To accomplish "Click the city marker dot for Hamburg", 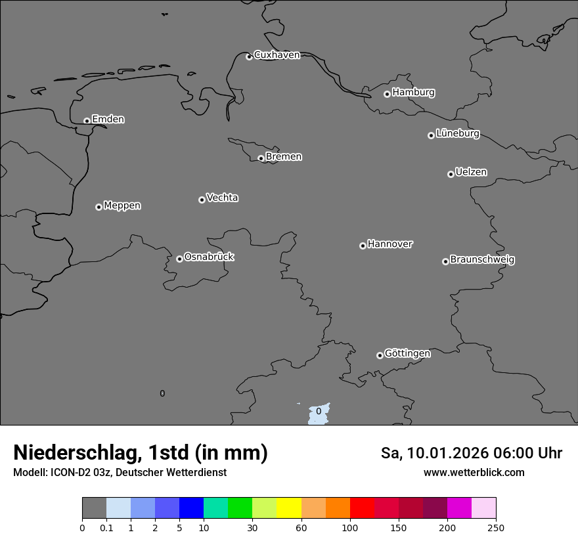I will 387,94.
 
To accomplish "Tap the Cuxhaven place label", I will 277,55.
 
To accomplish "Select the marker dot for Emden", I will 87,121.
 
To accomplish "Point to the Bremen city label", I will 284,157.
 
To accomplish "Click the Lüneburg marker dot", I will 431,135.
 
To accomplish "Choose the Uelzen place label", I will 471,172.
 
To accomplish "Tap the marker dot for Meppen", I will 99,207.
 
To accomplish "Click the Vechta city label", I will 222,198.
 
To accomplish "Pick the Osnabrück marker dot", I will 179,259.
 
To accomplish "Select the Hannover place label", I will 390,244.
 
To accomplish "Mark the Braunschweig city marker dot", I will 445,261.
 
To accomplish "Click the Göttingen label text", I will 407,353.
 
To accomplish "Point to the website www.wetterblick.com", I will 474,472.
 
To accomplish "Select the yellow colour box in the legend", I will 289,508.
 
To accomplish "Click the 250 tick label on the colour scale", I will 496,528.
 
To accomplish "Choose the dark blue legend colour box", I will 191,508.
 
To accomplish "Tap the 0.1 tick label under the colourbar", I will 106,528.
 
